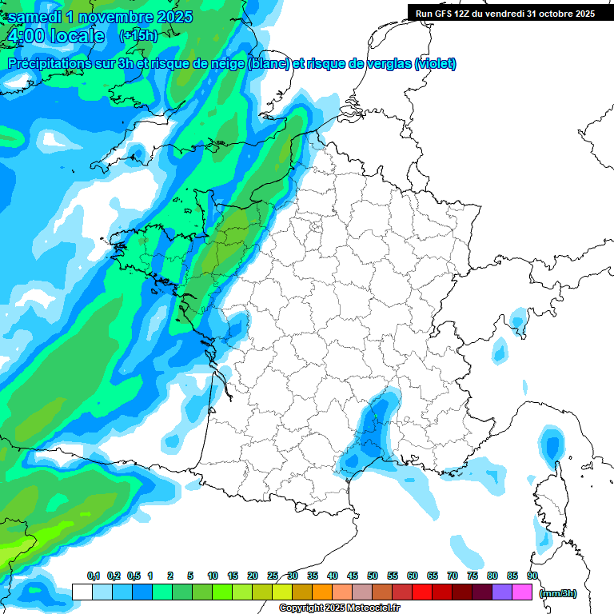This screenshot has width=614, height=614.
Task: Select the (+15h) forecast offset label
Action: coord(138,36)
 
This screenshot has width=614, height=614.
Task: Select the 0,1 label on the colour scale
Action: coord(93,576)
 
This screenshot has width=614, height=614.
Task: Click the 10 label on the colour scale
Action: coord(213,576)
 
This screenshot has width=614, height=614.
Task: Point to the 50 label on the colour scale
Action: coord(373,576)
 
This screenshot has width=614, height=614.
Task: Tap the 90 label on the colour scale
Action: coord(532,576)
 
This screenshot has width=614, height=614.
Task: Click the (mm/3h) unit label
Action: coord(557,593)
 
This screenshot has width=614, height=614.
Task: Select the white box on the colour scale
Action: coord(82,592)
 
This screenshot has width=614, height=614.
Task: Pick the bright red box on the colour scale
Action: coord(422,592)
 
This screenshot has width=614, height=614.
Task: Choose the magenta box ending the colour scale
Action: coord(522,592)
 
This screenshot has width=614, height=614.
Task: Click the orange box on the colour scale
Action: coord(322,592)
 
